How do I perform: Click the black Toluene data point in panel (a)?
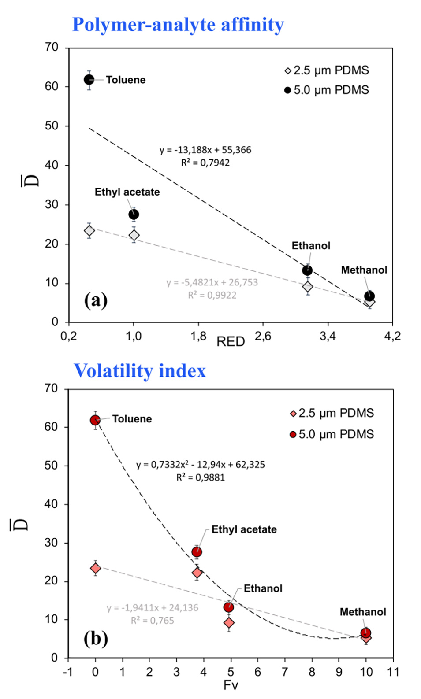(x=89, y=80)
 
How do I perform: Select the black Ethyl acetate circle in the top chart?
(x=134, y=215)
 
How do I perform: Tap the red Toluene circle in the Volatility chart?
(x=95, y=420)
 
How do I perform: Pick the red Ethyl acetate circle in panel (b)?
(x=197, y=552)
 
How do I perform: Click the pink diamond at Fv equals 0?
(x=95, y=568)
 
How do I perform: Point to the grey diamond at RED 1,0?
(x=134, y=235)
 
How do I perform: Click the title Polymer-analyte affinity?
(x=178, y=25)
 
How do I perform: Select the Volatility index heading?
(x=140, y=371)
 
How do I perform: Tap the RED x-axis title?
(x=231, y=342)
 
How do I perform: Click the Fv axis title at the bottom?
(x=231, y=685)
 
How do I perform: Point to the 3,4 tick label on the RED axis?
(x=328, y=337)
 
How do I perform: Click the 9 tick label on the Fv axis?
(x=339, y=672)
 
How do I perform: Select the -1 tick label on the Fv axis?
(x=67, y=672)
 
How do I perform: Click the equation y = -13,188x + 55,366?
(x=205, y=150)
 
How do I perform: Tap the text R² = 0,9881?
(x=201, y=477)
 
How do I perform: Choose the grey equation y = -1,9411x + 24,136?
(x=153, y=608)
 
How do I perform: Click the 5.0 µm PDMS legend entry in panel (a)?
(x=327, y=90)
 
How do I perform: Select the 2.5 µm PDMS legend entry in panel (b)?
(x=332, y=413)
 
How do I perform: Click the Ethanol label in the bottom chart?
(x=263, y=588)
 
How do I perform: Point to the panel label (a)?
(x=96, y=301)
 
